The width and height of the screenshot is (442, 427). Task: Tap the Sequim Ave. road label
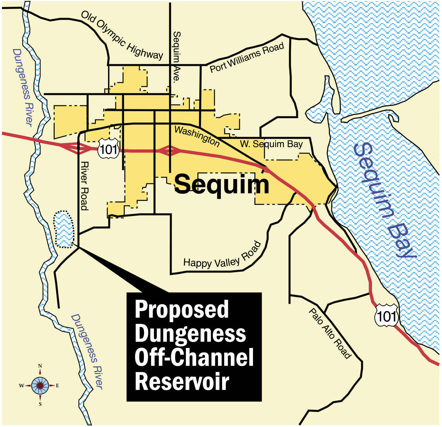click(176, 57)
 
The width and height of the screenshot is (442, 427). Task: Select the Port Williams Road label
click(247, 58)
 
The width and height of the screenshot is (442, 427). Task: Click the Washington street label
click(197, 136)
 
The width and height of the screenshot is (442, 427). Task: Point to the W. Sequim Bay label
click(271, 144)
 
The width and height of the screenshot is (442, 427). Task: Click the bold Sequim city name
click(221, 184)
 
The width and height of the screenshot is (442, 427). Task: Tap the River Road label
click(84, 186)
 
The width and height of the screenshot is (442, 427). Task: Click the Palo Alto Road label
click(330, 333)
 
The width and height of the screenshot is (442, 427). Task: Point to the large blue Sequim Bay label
click(384, 199)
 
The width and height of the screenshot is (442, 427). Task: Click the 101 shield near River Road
click(108, 149)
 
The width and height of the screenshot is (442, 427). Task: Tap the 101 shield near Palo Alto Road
click(386, 316)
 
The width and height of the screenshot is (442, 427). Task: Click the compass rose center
click(40, 385)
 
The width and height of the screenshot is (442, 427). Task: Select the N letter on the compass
click(40, 366)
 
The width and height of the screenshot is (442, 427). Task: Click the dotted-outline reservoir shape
click(64, 229)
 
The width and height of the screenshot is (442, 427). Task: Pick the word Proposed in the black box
click(182, 309)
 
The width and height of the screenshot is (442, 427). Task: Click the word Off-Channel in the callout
click(194, 357)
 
